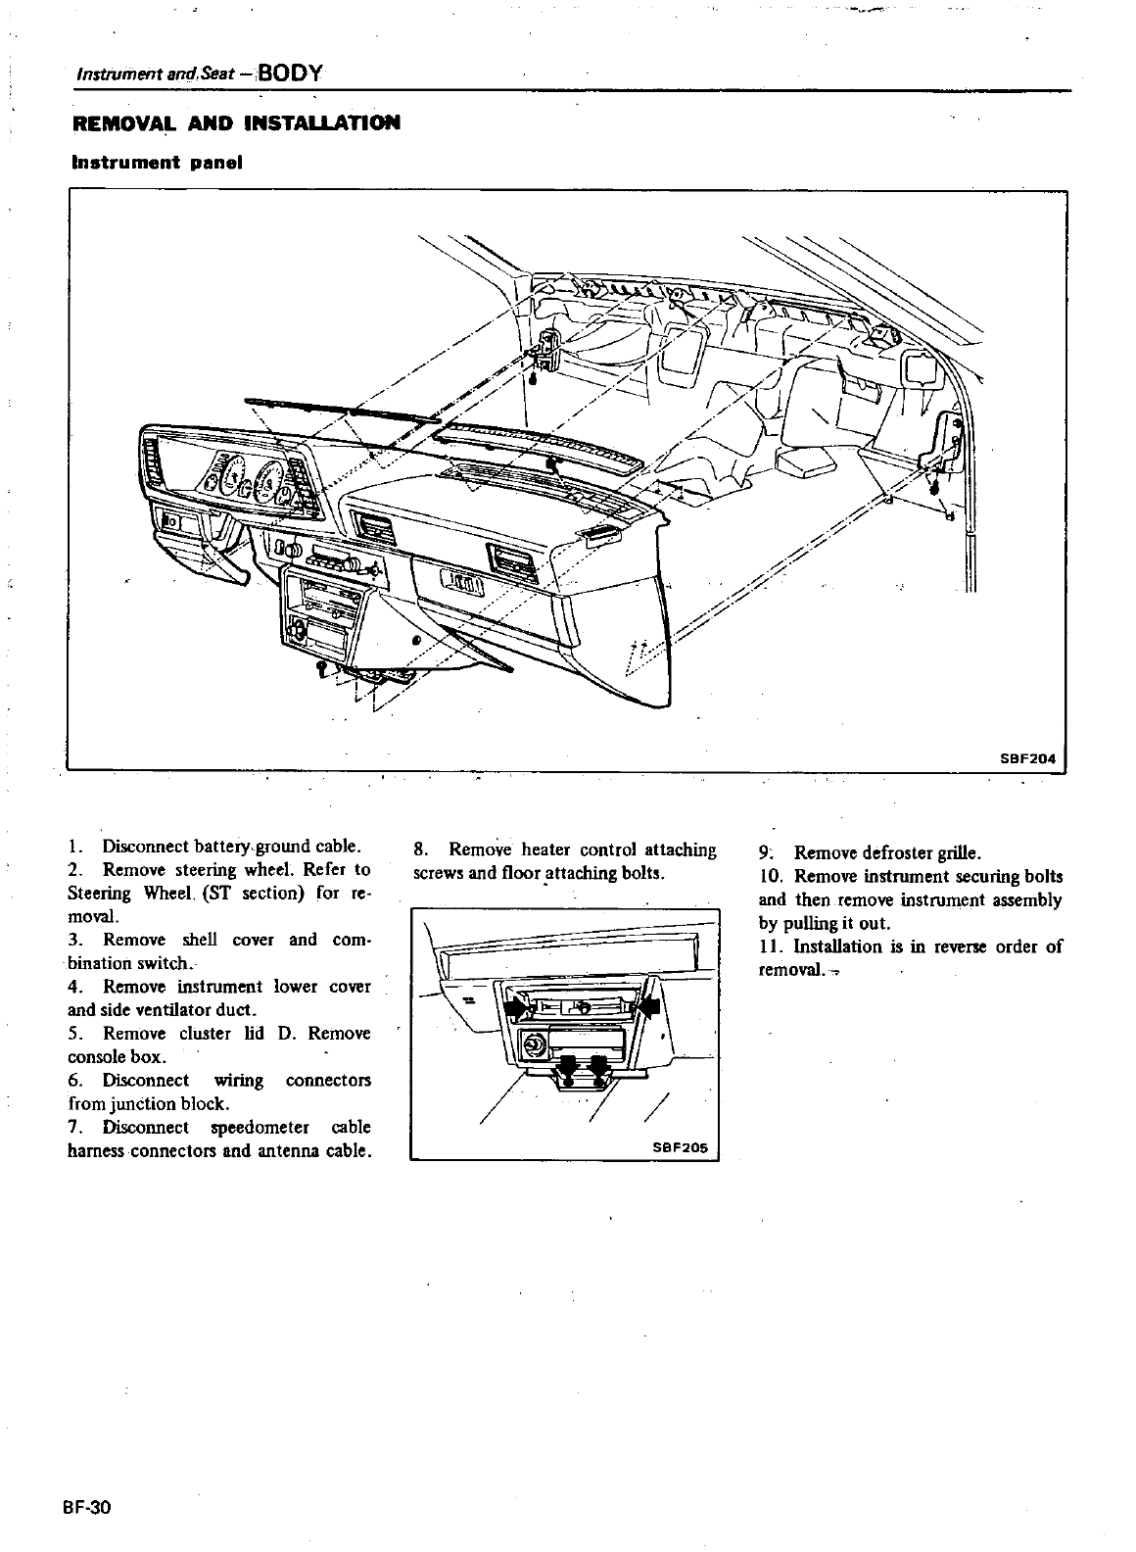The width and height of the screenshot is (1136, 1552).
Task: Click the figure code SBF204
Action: click(x=1029, y=757)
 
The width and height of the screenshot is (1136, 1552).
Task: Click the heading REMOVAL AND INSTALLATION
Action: click(x=235, y=123)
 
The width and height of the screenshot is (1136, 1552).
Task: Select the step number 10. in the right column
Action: click(x=771, y=876)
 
